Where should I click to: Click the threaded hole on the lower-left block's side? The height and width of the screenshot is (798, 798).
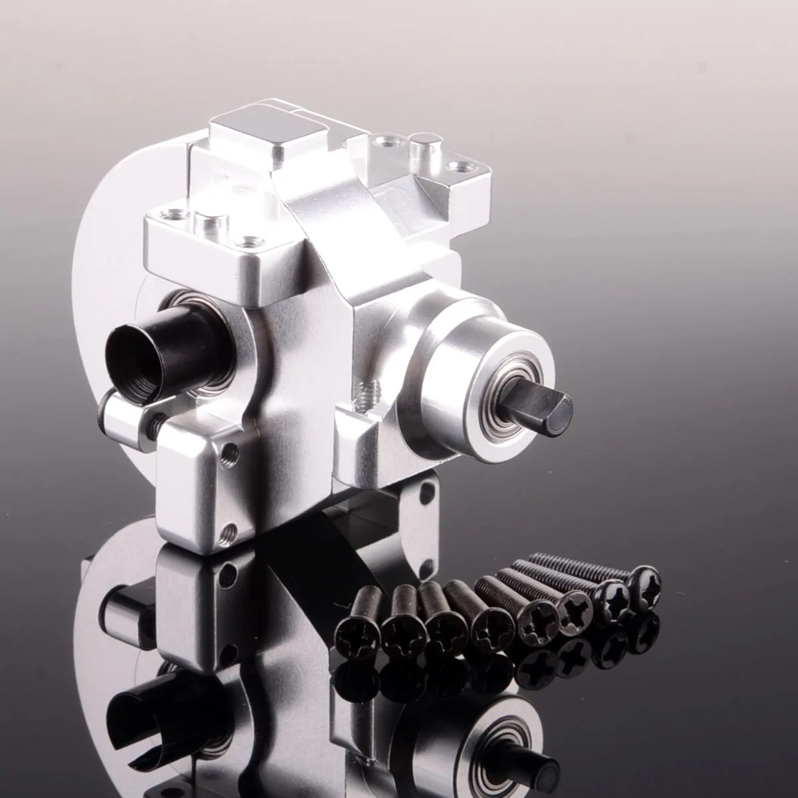(x=228, y=453)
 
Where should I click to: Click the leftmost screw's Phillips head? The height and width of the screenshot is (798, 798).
(x=358, y=627)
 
